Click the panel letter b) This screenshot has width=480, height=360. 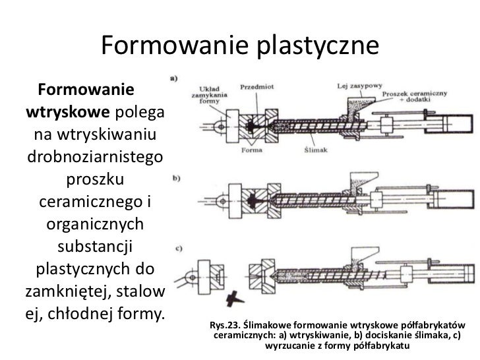tap(176, 178)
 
